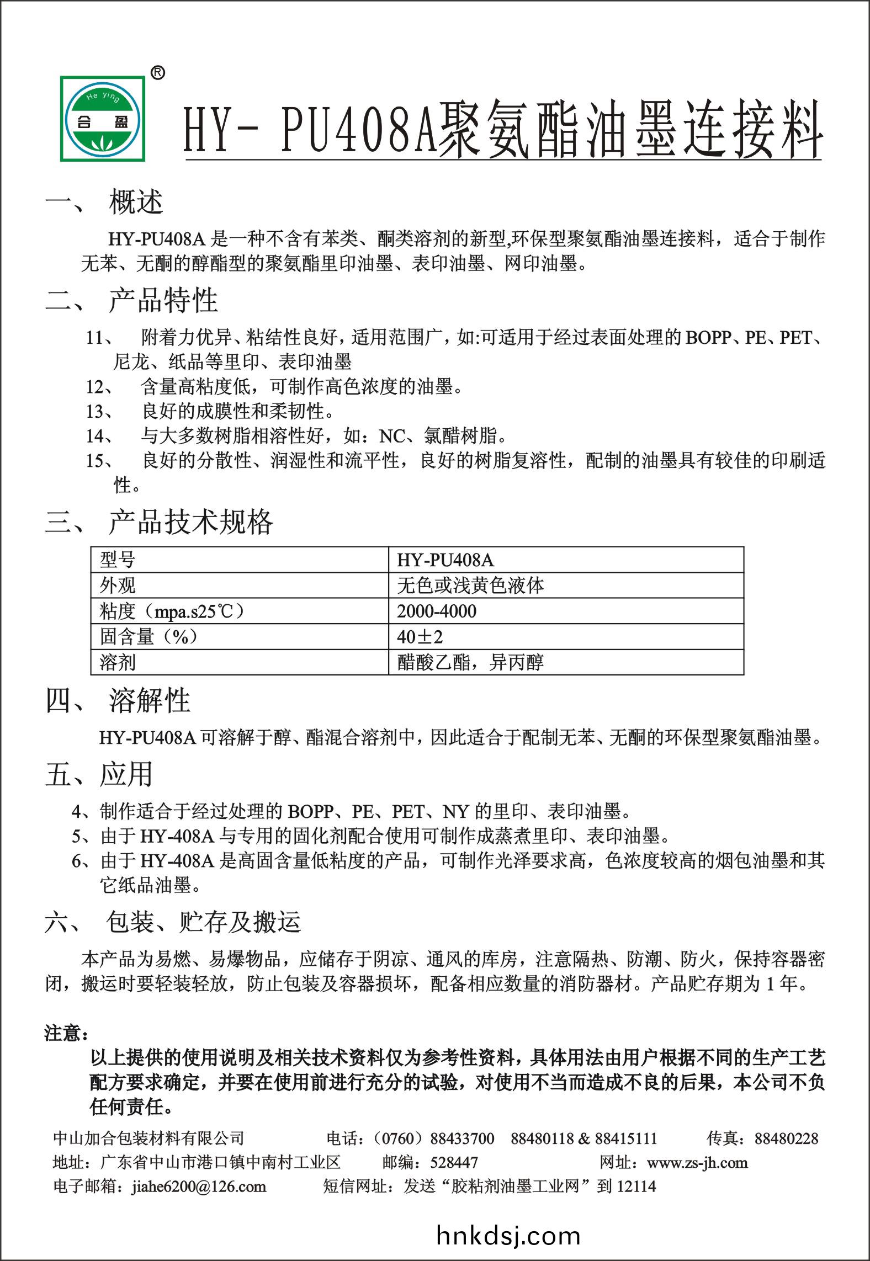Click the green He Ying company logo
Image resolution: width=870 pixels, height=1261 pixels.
coord(103,119)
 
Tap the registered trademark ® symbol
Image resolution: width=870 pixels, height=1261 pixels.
coord(157,73)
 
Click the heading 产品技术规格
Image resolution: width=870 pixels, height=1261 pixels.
coord(190,522)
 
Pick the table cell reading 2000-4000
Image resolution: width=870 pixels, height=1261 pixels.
coord(436,611)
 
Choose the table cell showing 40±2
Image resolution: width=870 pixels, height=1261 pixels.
coord(420,637)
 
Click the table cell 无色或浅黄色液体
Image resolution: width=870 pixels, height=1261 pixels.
coord(470,586)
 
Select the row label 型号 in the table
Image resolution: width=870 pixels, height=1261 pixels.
coord(117,560)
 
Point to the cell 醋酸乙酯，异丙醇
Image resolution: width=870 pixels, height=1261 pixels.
coord(470,662)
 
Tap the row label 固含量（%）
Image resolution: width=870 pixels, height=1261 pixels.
coord(148,637)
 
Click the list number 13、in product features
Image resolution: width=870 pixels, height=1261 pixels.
coord(100,412)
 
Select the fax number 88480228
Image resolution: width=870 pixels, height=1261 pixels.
coord(786,1138)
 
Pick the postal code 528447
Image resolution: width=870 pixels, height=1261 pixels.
coord(454,1162)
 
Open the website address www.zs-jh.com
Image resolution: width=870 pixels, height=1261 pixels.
coord(697,1162)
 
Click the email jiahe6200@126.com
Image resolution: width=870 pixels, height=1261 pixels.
coord(199,1186)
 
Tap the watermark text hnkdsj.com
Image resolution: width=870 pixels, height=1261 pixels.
coord(508,1236)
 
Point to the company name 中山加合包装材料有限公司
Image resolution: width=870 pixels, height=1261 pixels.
coord(148,1138)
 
